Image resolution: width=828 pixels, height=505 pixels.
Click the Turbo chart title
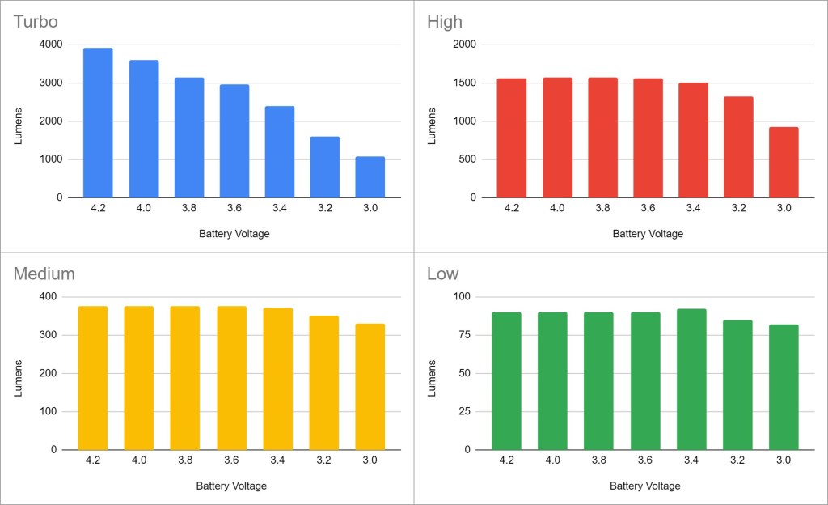tap(36, 22)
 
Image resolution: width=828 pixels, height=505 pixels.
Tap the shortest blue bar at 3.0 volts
tap(370, 177)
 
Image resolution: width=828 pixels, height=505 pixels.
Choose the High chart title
tap(444, 22)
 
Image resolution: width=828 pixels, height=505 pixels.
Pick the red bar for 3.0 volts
tap(784, 163)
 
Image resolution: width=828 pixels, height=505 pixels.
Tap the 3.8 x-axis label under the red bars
tap(602, 209)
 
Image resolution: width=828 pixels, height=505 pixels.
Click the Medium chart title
tap(44, 274)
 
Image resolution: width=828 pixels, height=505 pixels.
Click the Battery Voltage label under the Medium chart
tap(231, 486)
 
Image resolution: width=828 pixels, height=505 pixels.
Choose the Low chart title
tap(442, 274)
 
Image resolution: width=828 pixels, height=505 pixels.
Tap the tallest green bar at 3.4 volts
tap(692, 380)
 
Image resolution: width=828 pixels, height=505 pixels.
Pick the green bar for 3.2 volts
tap(737, 385)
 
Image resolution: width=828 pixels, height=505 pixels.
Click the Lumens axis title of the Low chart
tap(433, 374)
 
